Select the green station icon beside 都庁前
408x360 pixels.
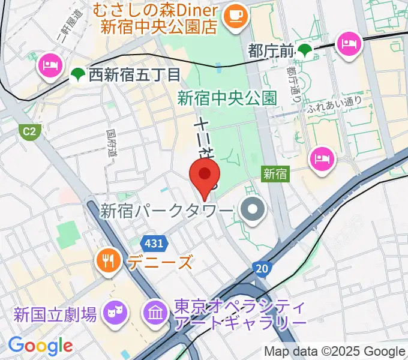tap(306, 52)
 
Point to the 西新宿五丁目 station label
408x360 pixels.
tap(134, 75)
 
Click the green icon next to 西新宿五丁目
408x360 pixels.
tap(76, 75)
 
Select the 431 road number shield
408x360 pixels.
tap(155, 244)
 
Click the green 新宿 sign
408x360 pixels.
tap(275, 174)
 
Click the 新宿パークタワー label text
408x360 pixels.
tap(166, 211)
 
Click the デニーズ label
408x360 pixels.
tap(160, 262)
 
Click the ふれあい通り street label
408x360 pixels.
tap(334, 104)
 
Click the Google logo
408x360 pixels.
tap(40, 345)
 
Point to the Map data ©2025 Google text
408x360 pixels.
tap(335, 351)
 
